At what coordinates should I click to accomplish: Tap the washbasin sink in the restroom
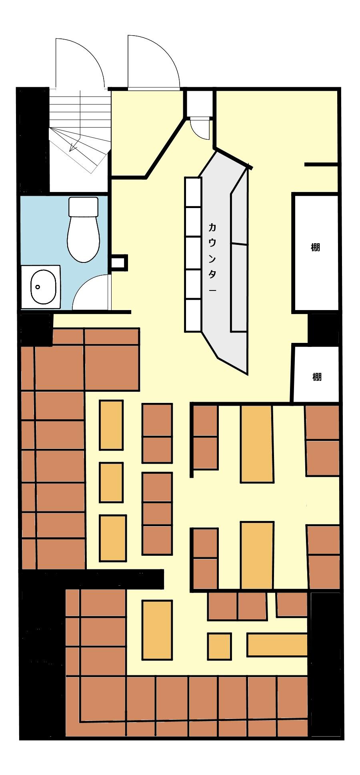(43, 286)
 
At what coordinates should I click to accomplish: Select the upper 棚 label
(315, 247)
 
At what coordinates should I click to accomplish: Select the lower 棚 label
(317, 376)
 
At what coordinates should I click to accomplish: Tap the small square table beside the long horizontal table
(219, 646)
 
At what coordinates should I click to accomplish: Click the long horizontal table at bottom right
(277, 645)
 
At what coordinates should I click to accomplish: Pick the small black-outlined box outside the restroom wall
(119, 262)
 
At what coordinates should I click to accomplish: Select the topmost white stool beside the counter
(192, 192)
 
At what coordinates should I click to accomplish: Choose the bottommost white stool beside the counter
(192, 316)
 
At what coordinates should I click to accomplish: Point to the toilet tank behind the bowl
(83, 207)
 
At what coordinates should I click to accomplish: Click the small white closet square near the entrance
(199, 103)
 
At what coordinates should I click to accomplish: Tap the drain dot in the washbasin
(38, 287)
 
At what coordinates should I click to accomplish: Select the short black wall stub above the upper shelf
(321, 164)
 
